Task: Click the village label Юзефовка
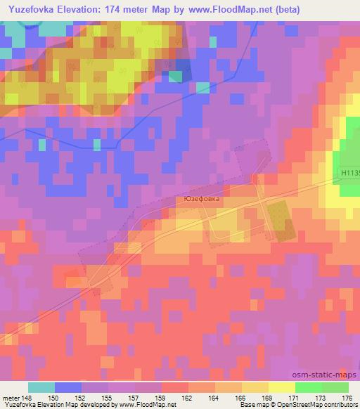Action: tap(201, 199)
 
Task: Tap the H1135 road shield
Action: tap(348, 171)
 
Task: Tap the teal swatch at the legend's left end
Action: tap(41, 387)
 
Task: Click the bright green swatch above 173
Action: tap(308, 387)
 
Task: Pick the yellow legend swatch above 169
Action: tap(255, 387)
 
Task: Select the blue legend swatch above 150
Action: tap(67, 387)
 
